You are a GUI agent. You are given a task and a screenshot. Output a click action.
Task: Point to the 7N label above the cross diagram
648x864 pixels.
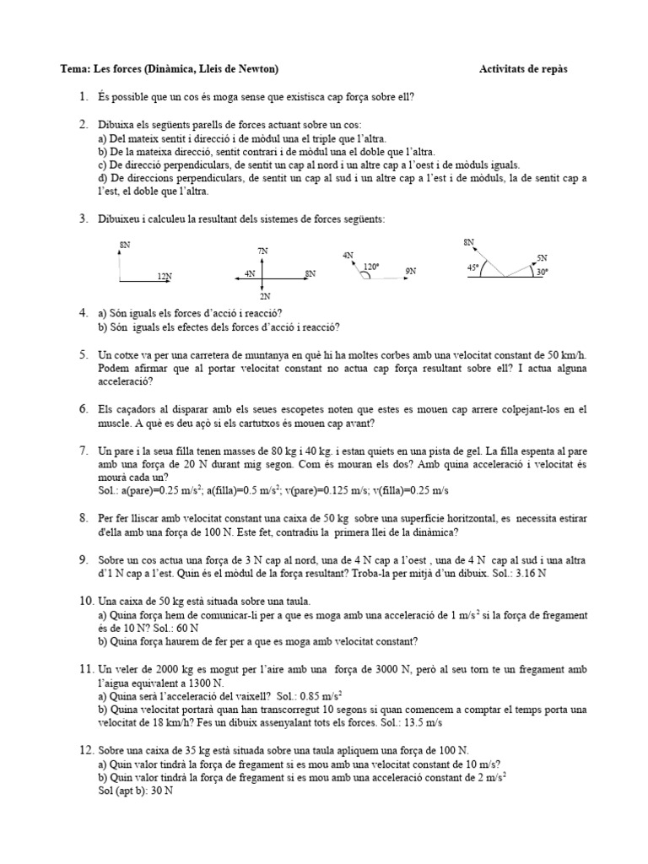[263, 251]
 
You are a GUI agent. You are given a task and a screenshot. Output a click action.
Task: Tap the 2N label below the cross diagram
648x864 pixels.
[264, 296]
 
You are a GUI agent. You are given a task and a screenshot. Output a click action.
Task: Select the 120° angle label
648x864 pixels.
[371, 266]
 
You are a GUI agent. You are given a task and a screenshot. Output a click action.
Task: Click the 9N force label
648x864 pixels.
[411, 271]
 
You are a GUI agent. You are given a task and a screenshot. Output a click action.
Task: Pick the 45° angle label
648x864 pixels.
[472, 267]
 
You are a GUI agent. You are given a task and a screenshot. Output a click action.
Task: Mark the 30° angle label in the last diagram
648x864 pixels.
[541, 272]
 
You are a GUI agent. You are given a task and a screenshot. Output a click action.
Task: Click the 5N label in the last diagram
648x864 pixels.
[542, 256]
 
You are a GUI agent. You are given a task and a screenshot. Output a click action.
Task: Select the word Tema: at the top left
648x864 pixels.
[75, 69]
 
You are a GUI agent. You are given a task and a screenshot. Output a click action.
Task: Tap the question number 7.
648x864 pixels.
[84, 451]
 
